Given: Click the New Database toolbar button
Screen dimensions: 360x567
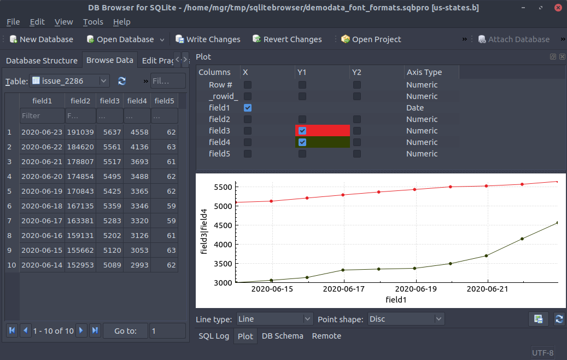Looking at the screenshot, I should (x=41, y=39).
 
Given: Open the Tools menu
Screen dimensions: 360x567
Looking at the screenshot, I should (x=93, y=22).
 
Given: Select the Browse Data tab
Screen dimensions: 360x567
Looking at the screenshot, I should (x=109, y=60).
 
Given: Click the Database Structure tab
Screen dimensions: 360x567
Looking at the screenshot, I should (x=42, y=60).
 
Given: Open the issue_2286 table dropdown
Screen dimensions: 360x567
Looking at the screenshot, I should (x=70, y=81).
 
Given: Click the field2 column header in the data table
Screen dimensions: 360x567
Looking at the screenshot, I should (x=80, y=101).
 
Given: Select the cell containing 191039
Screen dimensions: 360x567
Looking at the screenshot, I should (x=80, y=132).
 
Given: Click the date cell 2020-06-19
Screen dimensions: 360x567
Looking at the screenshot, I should (x=42, y=191).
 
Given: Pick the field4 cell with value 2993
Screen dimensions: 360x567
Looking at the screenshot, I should (x=137, y=265).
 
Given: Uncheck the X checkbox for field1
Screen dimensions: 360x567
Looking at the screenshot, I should (x=248, y=108).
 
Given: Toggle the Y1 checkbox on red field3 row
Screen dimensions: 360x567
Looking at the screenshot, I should (x=302, y=131).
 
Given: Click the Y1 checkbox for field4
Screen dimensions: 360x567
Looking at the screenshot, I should (x=302, y=142).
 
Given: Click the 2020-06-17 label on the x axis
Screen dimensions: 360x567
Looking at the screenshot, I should (x=344, y=289).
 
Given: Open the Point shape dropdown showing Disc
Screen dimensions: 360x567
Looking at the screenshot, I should (x=406, y=318).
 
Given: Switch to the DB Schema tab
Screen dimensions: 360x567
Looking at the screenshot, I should (x=282, y=336).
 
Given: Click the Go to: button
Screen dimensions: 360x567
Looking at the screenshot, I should (x=125, y=330).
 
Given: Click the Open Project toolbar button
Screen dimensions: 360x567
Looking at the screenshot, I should (x=371, y=39).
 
